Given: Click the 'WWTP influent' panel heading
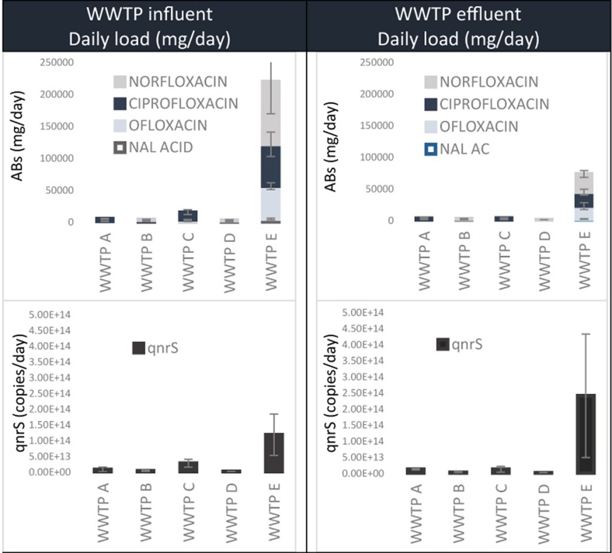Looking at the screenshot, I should [149, 14].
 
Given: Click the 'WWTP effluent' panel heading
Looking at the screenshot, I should [458, 14].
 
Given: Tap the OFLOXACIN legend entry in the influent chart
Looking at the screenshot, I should [160, 125].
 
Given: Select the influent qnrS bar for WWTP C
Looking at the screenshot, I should [188, 467].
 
